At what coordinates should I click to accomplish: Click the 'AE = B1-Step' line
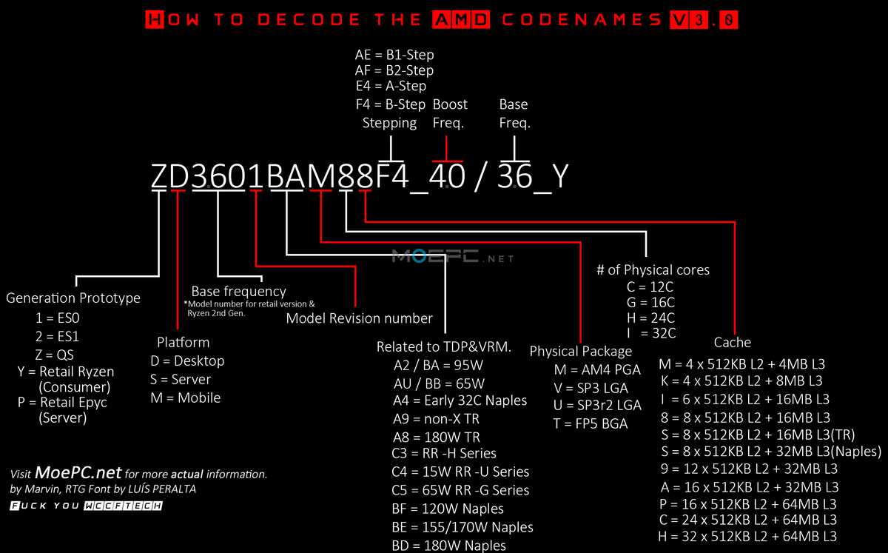(394, 55)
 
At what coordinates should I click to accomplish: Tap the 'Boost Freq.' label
(450, 113)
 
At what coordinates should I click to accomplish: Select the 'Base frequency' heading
(238, 292)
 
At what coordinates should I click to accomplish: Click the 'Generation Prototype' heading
(73, 298)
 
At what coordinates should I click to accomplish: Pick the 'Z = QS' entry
(54, 355)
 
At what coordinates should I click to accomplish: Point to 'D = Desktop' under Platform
(187, 361)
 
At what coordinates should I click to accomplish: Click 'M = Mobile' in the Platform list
(185, 398)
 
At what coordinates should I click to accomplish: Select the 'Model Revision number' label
(359, 318)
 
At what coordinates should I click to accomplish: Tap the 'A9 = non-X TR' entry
(436, 419)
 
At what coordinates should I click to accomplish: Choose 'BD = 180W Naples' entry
(448, 546)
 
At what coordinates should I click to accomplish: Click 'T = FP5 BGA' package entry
(591, 423)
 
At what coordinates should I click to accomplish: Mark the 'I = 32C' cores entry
(651, 333)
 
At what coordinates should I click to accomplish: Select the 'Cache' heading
(732, 342)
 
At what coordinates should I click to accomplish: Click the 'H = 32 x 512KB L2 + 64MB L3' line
(747, 537)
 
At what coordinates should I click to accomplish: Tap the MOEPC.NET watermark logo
(453, 257)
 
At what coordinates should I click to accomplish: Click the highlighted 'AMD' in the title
(461, 19)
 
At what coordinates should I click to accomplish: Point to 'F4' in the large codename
(391, 176)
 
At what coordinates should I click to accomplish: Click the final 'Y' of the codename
(560, 176)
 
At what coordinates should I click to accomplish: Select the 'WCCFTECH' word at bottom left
(124, 506)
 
